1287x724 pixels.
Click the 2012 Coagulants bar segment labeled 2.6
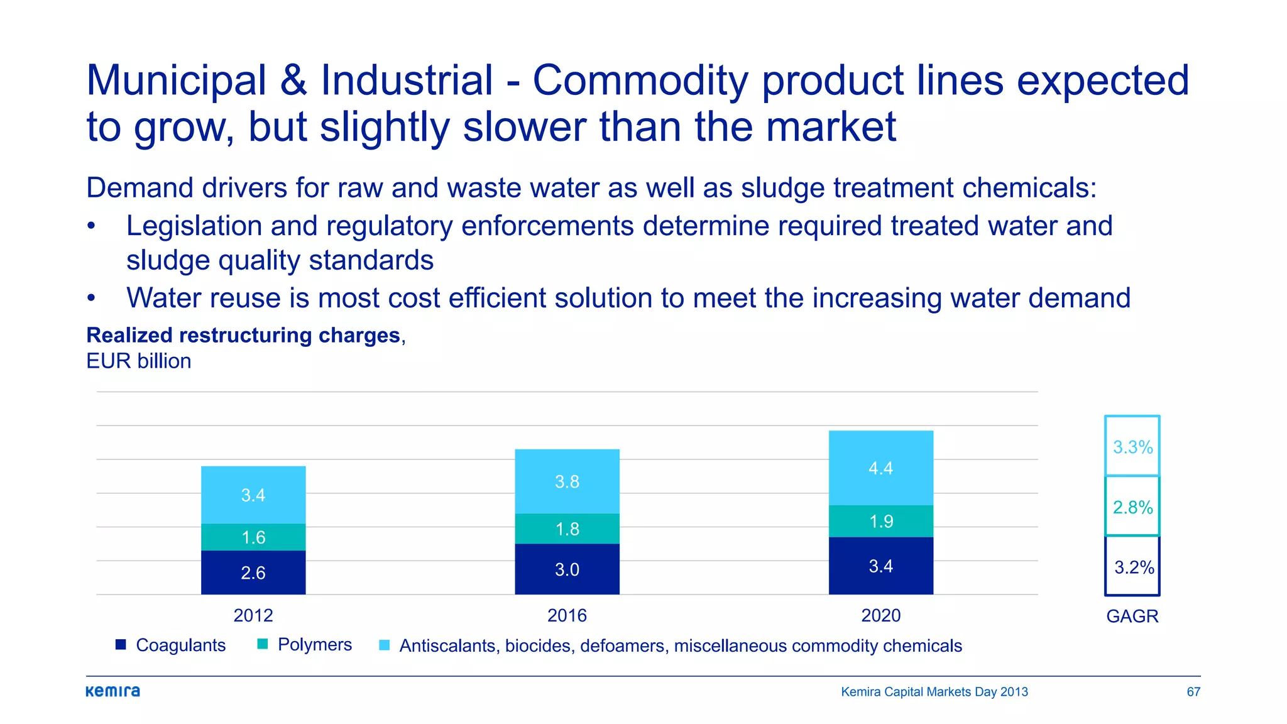coord(253,573)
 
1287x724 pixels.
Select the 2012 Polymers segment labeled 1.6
coord(253,537)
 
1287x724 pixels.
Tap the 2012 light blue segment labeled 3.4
coord(253,495)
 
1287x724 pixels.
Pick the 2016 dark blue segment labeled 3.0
coord(567,569)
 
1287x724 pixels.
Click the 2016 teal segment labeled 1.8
coord(567,529)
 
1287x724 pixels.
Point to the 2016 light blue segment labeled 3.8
coord(567,481)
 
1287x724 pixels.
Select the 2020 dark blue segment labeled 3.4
coord(880,566)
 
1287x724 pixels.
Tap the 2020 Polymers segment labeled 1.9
coord(880,522)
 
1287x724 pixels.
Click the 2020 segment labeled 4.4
coord(880,468)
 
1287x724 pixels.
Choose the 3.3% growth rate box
coord(1132,447)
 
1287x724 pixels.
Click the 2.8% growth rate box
coord(1132,507)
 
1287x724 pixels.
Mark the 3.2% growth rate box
coord(1132,567)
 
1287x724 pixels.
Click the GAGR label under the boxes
coord(1132,616)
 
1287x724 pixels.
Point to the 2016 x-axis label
coord(567,615)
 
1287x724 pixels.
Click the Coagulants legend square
coord(121,645)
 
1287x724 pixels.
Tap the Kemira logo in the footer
coord(113,691)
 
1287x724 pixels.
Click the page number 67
coord(1193,692)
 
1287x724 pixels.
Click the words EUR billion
coord(138,361)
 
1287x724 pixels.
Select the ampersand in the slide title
coord(293,80)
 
